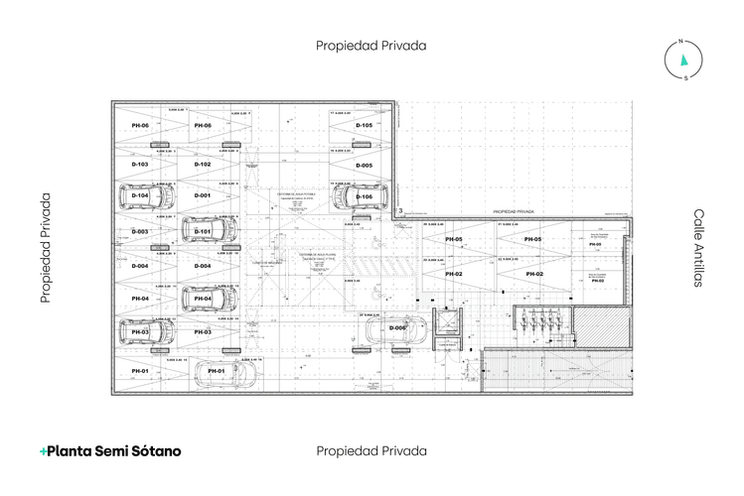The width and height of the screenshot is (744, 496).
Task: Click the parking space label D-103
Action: [x=140, y=164]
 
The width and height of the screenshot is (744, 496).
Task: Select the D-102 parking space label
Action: [x=203, y=164]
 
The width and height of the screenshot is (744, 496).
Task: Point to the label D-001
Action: [x=203, y=195]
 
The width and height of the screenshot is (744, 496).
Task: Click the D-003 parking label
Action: [x=140, y=231]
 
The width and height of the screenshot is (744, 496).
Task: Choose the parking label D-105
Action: [x=365, y=126]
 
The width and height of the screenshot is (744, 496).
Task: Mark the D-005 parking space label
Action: [x=365, y=165]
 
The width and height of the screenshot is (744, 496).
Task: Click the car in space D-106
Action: [x=359, y=197]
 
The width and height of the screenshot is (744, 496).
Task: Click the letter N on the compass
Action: [x=681, y=42]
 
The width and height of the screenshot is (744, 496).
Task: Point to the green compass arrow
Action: [x=683, y=60]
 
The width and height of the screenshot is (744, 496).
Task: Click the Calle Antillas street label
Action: [x=698, y=248]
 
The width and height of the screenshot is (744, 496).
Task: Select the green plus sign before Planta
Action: [x=44, y=450]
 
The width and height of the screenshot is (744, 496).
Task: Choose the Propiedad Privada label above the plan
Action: [x=371, y=46]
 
